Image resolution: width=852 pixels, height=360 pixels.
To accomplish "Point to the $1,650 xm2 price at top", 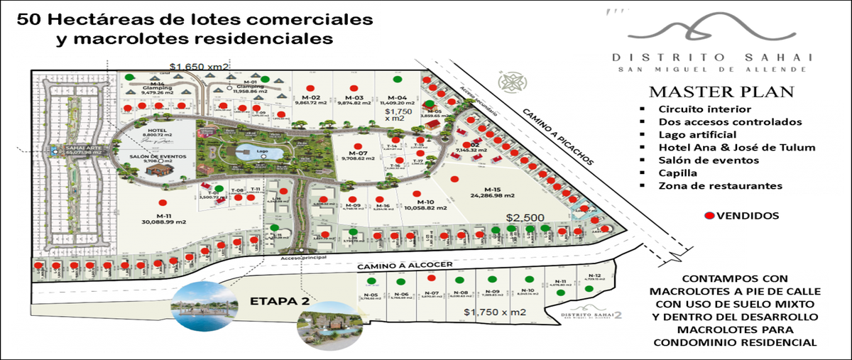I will click(200, 66).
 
